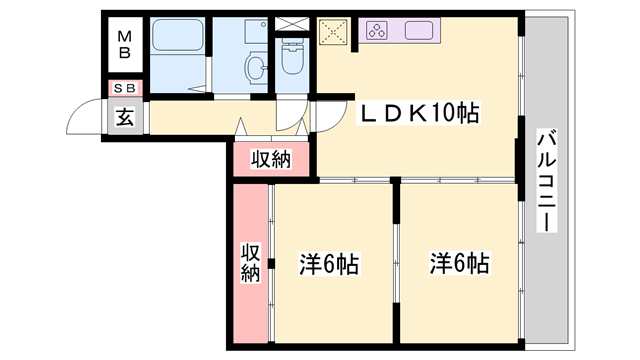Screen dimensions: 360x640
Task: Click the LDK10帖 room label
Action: coord(419,115)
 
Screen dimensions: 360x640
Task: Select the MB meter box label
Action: coord(125,45)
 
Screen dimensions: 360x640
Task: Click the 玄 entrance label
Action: coord(125,117)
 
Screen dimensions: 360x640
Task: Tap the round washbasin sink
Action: coord(257,68)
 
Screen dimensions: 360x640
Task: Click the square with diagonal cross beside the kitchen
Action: coord(332,31)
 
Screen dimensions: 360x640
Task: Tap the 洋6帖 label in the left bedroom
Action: coord(329,265)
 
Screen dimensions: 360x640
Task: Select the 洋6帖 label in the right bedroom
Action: coord(459,265)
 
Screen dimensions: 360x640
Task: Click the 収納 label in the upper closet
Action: coord(270,158)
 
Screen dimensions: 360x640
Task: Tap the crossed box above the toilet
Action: coord(293,22)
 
